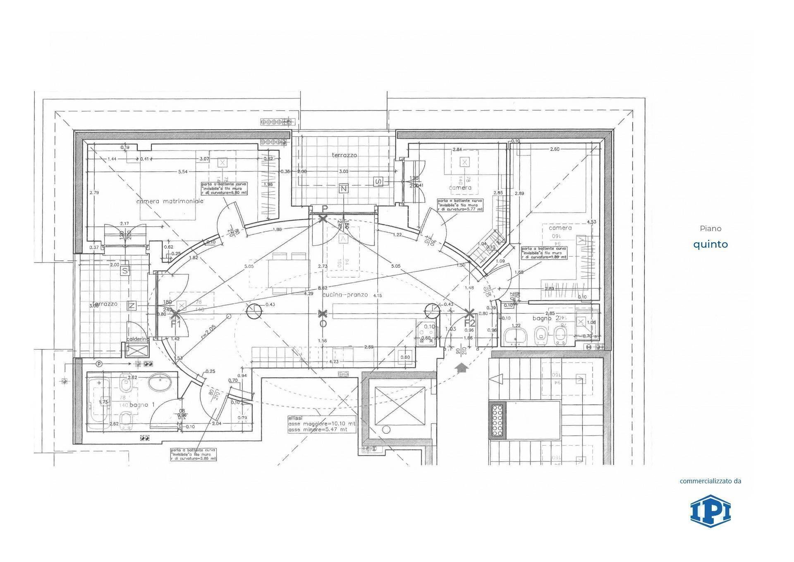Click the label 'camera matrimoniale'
[x=170, y=201]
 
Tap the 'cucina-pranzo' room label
[x=345, y=294]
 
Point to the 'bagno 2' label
[x=543, y=318]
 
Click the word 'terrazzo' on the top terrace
[x=344, y=155]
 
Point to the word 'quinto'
[x=710, y=244]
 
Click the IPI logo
[x=710, y=511]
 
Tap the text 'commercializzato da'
[x=710, y=481]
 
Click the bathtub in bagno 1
[x=98, y=400]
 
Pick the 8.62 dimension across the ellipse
[x=323, y=287]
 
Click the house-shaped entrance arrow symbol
[x=460, y=367]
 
